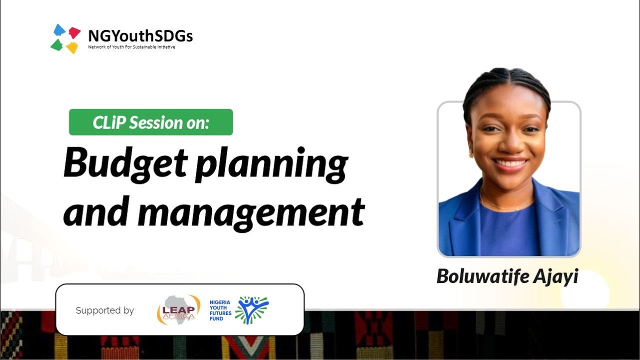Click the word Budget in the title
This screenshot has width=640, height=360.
point(126,164)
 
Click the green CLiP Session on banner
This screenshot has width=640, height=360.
point(150,122)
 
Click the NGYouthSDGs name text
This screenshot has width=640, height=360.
point(140,36)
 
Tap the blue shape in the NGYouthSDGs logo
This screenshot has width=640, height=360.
point(59,30)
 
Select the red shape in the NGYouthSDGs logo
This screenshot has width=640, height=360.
point(74,32)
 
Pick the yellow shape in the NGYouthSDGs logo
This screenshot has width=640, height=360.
point(72,47)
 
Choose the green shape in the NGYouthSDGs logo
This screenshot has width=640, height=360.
point(57,45)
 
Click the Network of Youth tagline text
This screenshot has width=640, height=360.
point(131,47)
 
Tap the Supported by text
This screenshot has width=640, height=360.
point(104,310)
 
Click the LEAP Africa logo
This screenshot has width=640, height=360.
point(178,309)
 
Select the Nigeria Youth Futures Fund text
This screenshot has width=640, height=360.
point(220,310)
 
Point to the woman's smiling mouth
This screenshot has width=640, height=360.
point(509,164)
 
